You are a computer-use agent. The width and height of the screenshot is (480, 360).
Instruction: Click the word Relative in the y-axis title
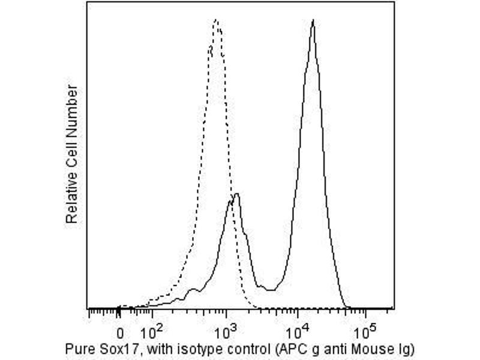click(x=72, y=202)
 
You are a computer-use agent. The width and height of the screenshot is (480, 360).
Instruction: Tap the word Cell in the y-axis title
click(x=72, y=160)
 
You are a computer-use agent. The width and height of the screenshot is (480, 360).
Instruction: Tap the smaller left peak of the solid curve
click(x=237, y=194)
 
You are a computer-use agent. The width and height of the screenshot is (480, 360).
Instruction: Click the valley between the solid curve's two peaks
click(x=270, y=290)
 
